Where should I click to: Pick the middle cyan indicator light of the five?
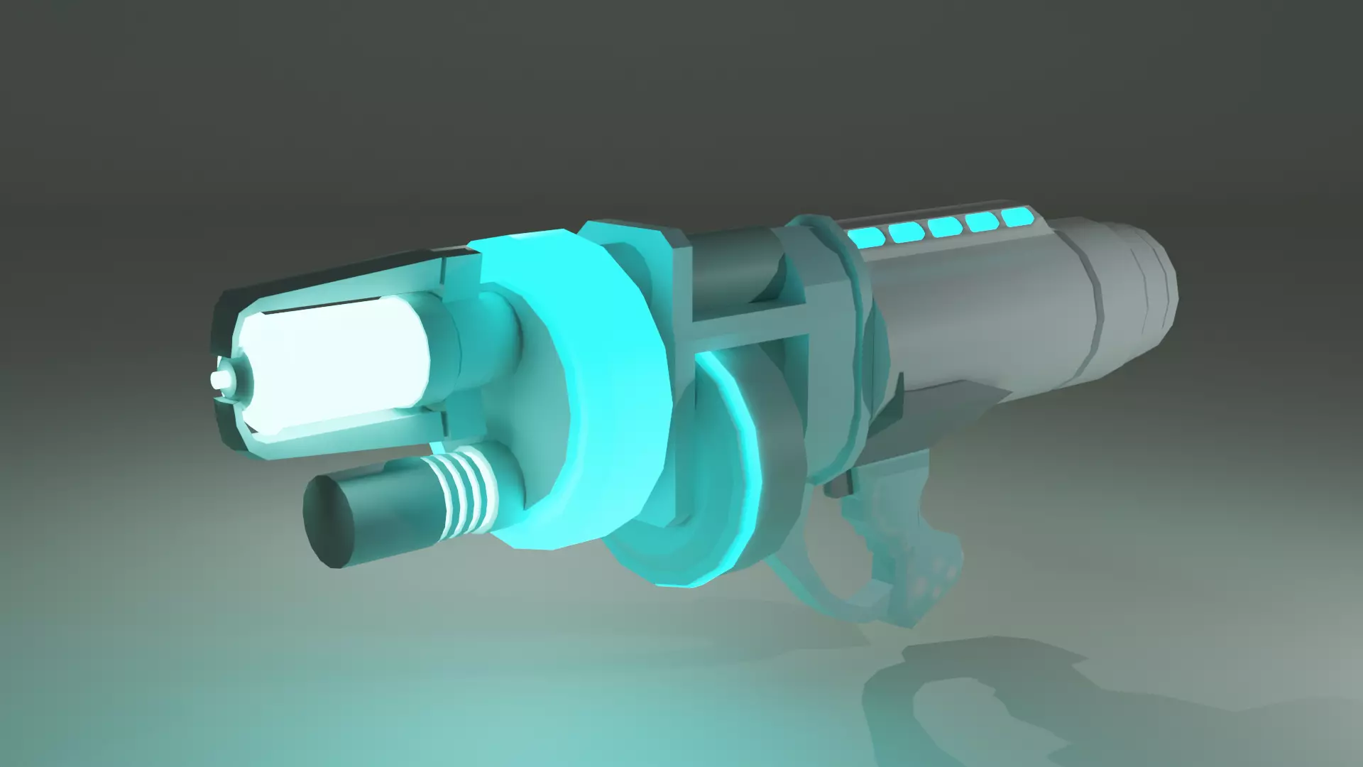coord(944,226)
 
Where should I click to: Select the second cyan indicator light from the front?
coord(905,231)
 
